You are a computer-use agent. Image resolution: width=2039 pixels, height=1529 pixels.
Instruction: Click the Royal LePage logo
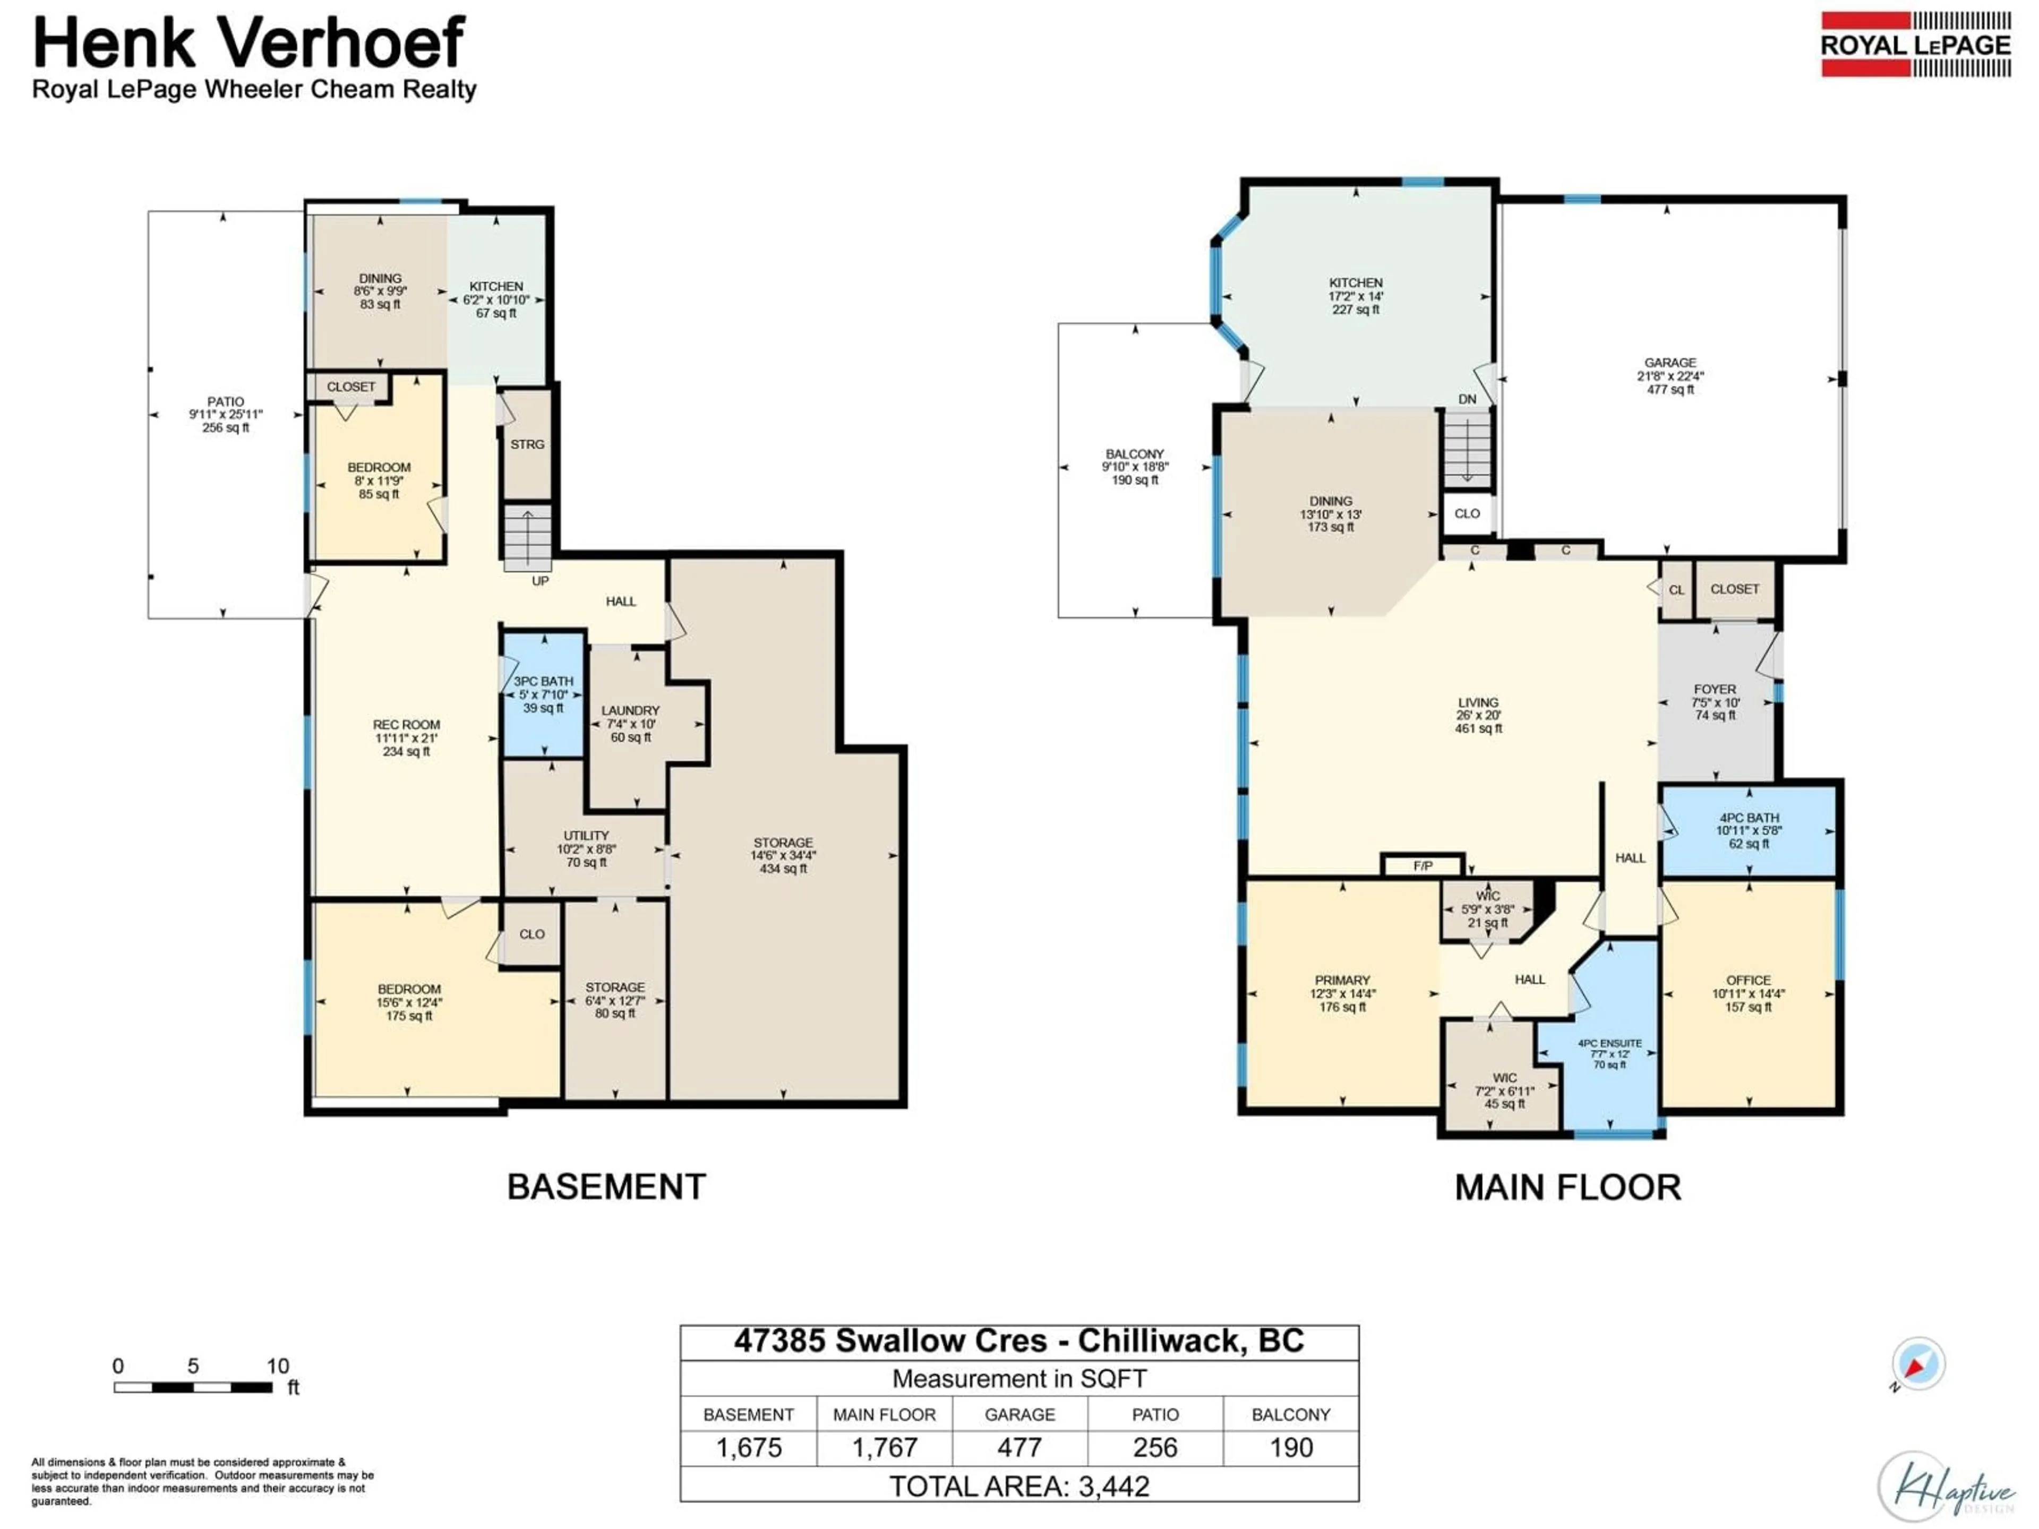click(1915, 44)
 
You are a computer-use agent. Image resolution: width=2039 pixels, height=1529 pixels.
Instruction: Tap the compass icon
click(1918, 1364)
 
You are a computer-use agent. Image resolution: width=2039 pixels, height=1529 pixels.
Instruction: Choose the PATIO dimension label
click(226, 415)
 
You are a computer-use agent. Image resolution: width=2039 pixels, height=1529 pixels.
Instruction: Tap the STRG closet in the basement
click(527, 444)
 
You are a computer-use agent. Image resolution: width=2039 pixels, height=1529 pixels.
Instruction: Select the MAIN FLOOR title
click(1567, 1187)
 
